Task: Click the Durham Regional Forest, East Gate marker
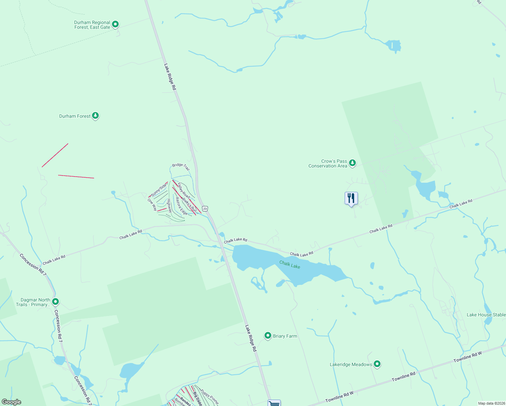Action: (x=115, y=24)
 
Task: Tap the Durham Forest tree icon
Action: (x=95, y=116)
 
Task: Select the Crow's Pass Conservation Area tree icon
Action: (x=352, y=163)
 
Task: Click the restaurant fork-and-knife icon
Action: (x=351, y=198)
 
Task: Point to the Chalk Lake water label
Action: (x=290, y=265)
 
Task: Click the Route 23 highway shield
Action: (x=205, y=208)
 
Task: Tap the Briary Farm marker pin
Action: (x=268, y=336)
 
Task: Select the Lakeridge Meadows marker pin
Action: (x=377, y=364)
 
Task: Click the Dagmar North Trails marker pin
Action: (x=56, y=301)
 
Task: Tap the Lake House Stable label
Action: (x=486, y=315)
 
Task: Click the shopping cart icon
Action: (x=274, y=403)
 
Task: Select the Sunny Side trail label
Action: (x=159, y=190)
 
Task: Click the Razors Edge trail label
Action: (x=181, y=206)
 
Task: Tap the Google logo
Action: (x=11, y=402)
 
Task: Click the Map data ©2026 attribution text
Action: (x=491, y=403)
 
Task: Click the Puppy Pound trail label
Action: (x=210, y=397)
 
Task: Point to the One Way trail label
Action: (x=152, y=204)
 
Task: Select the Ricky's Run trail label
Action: (x=189, y=205)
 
